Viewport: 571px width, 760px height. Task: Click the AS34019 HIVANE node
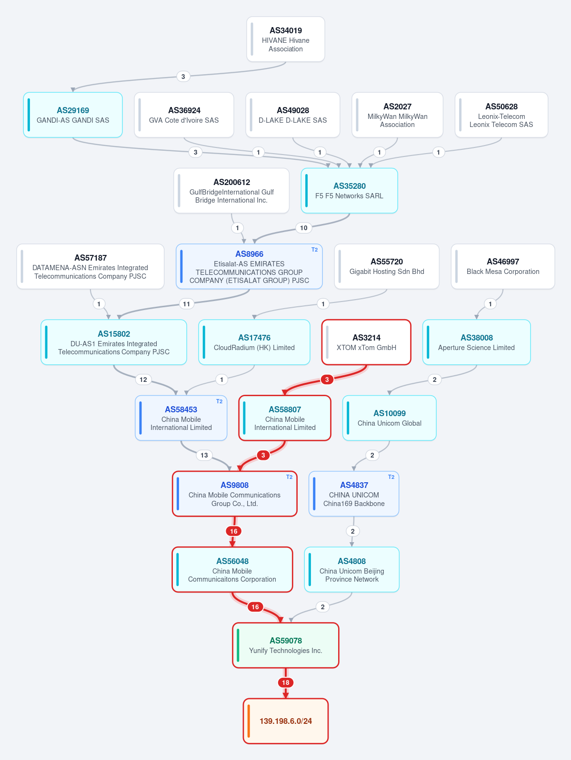click(285, 39)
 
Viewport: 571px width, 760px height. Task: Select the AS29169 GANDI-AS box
click(73, 115)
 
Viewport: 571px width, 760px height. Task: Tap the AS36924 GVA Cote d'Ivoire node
click(184, 115)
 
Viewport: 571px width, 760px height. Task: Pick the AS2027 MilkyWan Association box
click(397, 115)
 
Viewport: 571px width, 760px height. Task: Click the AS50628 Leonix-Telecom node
click(501, 115)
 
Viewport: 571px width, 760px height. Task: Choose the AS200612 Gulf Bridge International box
click(231, 191)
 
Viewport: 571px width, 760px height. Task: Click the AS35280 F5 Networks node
click(349, 191)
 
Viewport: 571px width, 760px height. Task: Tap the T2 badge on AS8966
click(314, 250)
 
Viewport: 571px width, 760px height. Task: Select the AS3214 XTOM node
click(366, 342)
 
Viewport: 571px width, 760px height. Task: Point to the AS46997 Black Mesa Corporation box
click(503, 266)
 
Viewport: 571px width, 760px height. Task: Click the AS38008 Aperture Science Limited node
click(476, 342)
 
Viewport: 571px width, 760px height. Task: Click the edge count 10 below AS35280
click(304, 228)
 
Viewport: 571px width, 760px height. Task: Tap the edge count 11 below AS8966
click(187, 304)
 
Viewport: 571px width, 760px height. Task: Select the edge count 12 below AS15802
click(143, 380)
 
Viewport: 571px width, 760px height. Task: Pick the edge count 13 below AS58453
click(204, 455)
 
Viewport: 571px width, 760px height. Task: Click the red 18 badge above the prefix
click(286, 682)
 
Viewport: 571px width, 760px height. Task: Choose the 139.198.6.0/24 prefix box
click(286, 721)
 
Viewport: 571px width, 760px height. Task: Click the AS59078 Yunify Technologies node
click(286, 645)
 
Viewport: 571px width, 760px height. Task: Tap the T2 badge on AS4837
click(391, 477)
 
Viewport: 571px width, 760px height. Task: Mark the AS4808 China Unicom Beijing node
click(351, 570)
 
